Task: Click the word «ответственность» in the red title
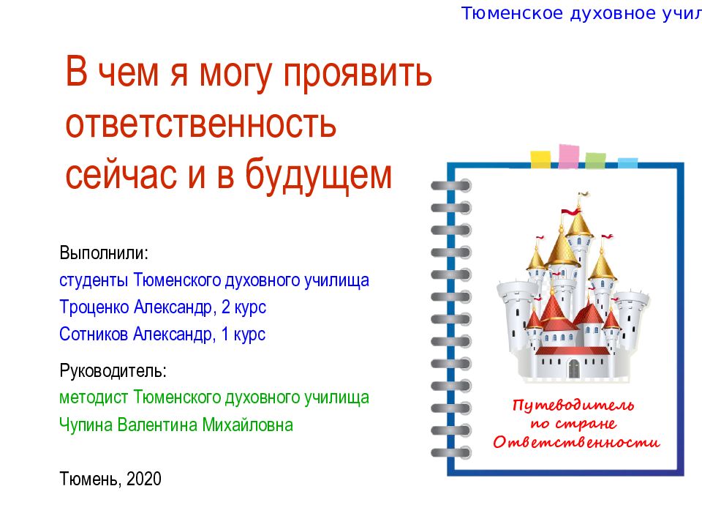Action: (200, 125)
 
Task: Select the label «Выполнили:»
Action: (104, 254)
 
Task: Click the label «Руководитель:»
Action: (113, 370)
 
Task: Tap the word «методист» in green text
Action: (94, 397)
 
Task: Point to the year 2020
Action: (143, 479)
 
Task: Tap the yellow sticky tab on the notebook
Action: (540, 159)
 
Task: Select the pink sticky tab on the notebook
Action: (569, 156)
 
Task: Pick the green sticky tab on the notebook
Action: (595, 160)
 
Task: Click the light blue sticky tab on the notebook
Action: (627, 162)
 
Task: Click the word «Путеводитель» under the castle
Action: (573, 405)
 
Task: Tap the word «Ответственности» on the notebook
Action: (576, 442)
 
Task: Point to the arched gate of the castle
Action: (573, 369)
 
